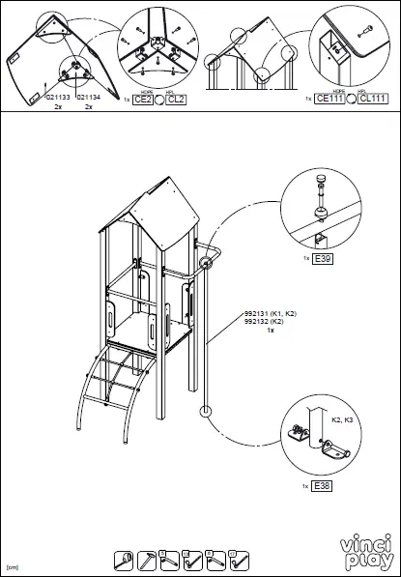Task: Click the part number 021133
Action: tap(56, 97)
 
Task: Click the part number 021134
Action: tap(87, 97)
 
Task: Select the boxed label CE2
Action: tap(142, 100)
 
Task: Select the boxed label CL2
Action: tap(176, 100)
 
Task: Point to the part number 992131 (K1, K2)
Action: tap(270, 314)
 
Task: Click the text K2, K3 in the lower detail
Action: tap(342, 421)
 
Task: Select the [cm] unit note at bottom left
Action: tap(13, 567)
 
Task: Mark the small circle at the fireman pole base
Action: tap(204, 413)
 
